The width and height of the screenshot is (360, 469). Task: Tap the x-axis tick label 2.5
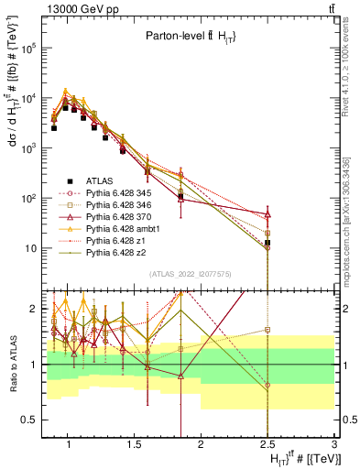[267, 441]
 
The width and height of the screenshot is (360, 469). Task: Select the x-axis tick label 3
[333, 441]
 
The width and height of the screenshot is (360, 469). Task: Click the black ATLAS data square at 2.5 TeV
[267, 243]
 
